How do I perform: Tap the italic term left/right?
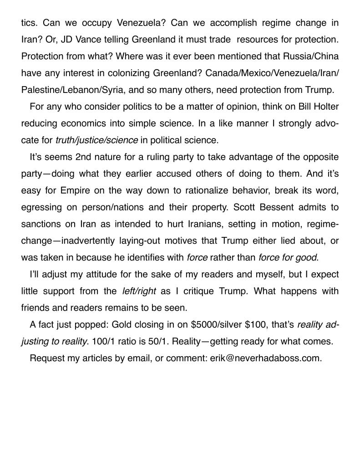(139, 291)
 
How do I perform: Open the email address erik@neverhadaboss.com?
(265, 358)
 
